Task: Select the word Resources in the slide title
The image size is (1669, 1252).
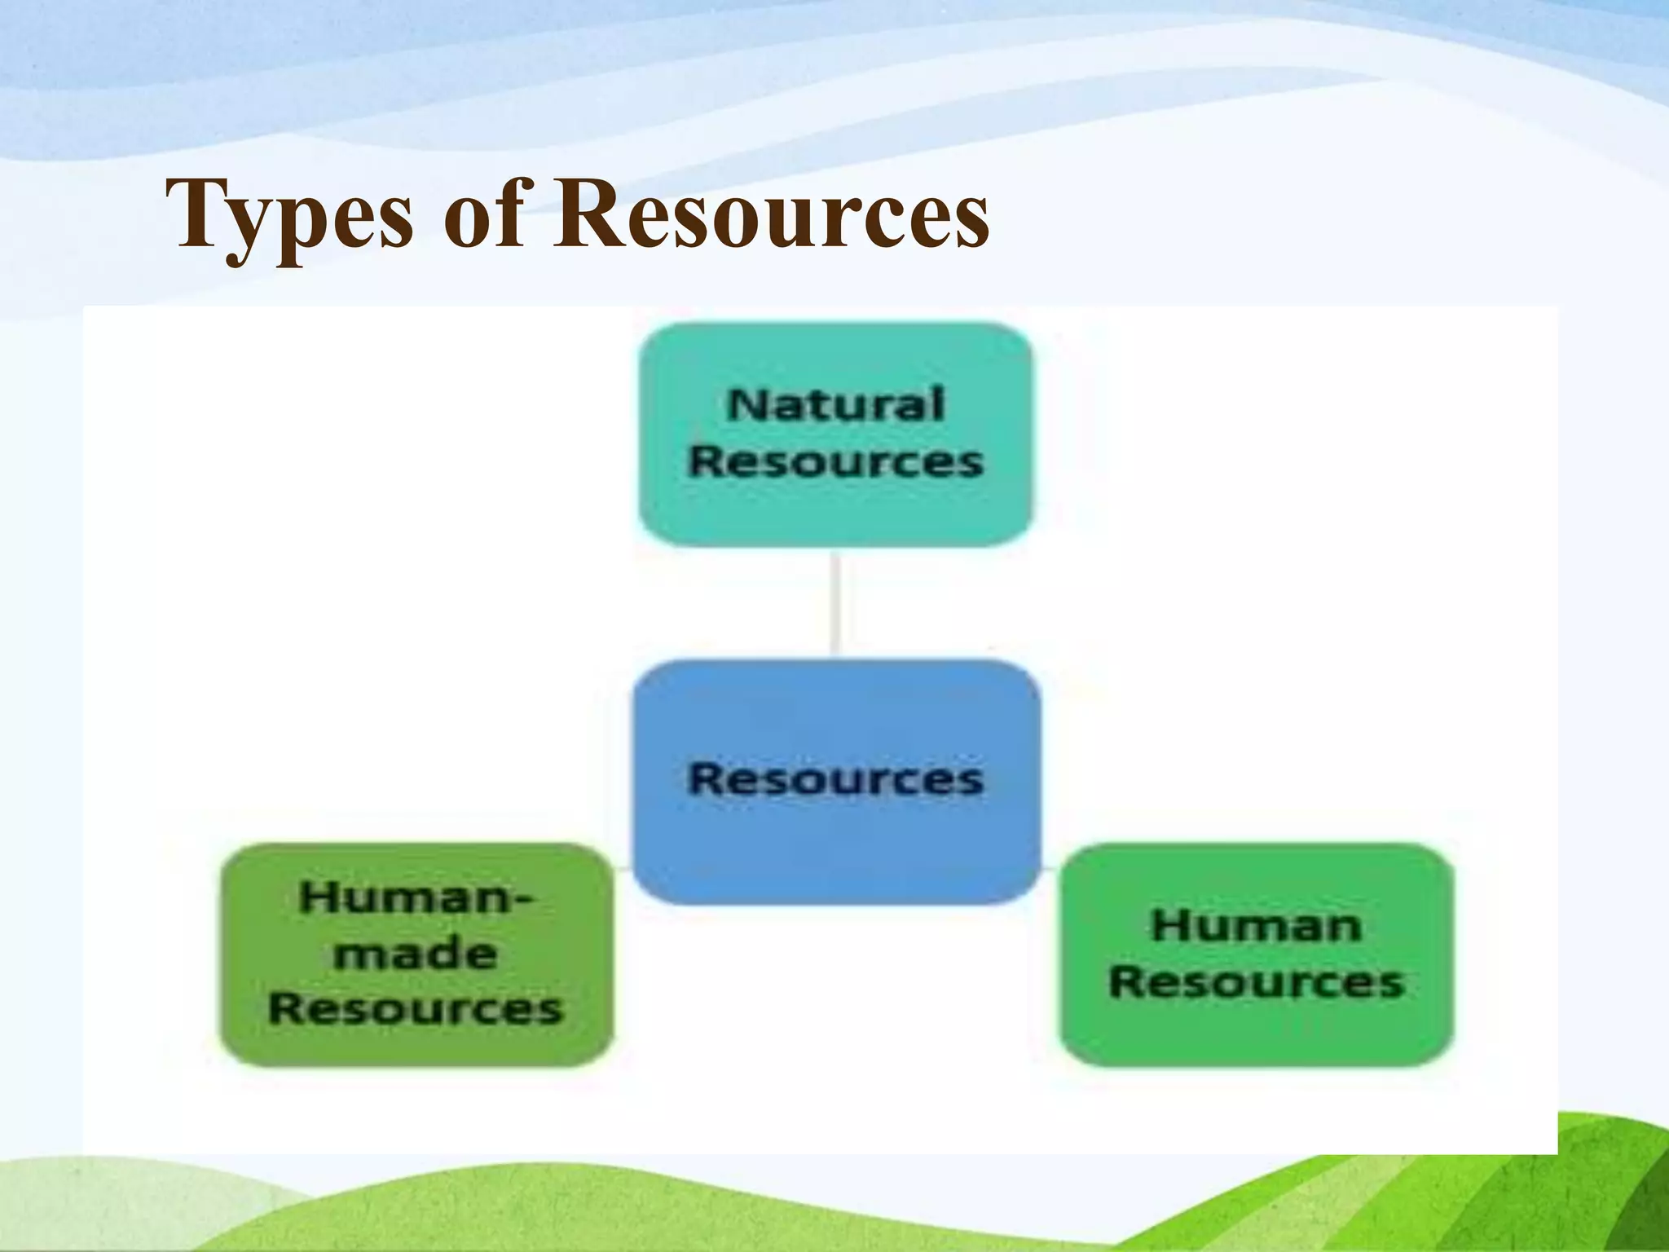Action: click(771, 214)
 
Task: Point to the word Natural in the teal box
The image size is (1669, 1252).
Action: click(835, 405)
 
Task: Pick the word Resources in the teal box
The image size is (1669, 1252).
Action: click(835, 461)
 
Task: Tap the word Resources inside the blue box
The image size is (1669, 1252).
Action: click(836, 778)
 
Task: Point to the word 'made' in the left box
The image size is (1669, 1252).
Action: click(416, 954)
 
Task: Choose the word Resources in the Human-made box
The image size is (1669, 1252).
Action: click(416, 1009)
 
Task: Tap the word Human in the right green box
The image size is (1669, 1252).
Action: click(1256, 926)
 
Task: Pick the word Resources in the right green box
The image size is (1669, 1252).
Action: click(1256, 981)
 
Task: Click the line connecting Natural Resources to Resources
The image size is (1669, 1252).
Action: click(835, 603)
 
